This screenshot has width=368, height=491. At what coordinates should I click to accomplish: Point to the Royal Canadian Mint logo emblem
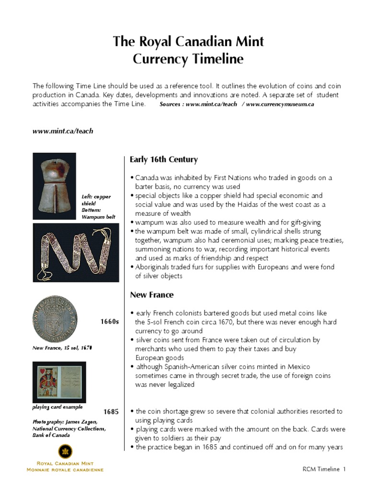pos(65,451)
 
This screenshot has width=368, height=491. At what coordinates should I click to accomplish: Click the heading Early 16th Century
pos(164,160)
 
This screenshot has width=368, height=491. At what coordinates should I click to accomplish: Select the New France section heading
pos(152,294)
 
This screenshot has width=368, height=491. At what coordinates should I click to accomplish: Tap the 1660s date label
pos(109,321)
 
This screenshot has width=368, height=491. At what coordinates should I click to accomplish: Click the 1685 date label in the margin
pos(111,412)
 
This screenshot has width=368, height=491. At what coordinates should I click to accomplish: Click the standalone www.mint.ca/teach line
pos(63,131)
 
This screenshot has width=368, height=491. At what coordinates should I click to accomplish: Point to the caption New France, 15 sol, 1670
pos(62,347)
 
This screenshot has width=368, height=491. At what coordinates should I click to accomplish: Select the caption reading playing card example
pos(57,407)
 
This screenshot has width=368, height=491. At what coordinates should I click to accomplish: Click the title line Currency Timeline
pos(188,59)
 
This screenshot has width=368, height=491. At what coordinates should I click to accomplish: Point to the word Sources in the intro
pos(171,104)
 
